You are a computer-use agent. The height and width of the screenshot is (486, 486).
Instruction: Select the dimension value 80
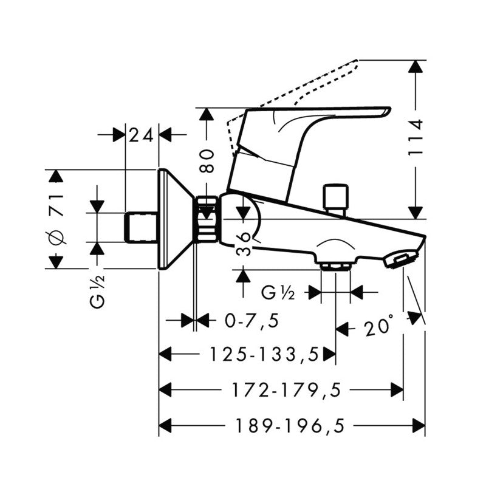(x=208, y=160)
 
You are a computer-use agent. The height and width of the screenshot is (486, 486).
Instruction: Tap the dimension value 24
(x=142, y=135)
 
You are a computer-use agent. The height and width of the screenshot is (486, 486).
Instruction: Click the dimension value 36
(x=243, y=243)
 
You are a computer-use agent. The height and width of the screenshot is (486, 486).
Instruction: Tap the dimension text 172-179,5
(x=285, y=390)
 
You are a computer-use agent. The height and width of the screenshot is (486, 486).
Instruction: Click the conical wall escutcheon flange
(x=173, y=219)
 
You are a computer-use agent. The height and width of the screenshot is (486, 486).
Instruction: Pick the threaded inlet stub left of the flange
(x=142, y=226)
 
